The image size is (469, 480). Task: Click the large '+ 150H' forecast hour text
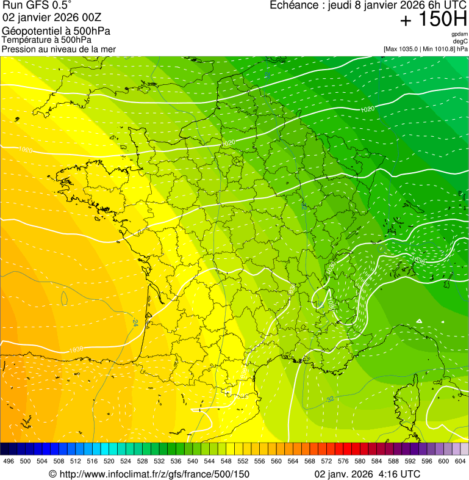(433, 20)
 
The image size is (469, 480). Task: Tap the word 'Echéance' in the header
(292, 5)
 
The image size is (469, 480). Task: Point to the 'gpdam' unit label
(459, 34)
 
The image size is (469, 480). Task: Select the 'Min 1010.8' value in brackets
(438, 48)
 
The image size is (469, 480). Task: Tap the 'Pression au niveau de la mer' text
(59, 49)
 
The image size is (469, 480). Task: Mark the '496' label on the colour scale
(9, 461)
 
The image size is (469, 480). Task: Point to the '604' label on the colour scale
(460, 461)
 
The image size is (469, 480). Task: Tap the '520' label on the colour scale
(109, 461)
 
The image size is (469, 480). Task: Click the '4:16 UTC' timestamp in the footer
(400, 474)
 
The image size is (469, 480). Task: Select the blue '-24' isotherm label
(134, 321)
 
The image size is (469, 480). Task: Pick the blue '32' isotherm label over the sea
(330, 399)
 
